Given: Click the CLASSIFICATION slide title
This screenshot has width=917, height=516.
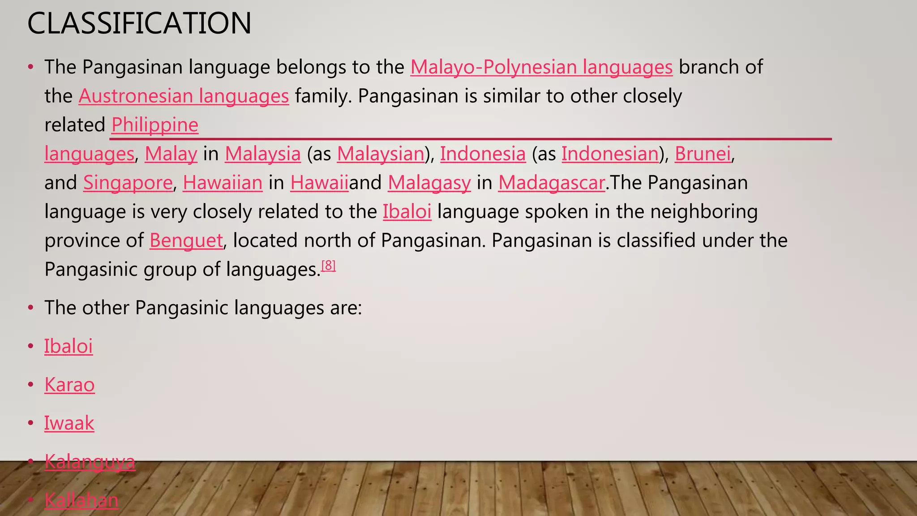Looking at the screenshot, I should click(139, 23).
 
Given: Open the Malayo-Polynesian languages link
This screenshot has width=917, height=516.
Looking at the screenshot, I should click(541, 67).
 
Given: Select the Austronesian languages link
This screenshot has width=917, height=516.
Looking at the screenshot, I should click(184, 96).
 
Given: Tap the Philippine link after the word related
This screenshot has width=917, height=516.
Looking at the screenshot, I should click(154, 125).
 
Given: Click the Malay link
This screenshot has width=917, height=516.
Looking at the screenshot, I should click(171, 154).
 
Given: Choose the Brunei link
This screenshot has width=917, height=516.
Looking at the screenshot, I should click(703, 154).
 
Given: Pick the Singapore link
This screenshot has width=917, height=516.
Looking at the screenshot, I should click(128, 183).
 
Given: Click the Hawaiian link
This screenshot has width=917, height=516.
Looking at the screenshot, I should click(223, 183).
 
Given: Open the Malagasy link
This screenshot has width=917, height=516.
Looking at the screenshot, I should click(429, 183).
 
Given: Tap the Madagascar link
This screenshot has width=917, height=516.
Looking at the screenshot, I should click(552, 183).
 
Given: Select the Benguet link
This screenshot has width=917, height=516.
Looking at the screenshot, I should click(186, 241).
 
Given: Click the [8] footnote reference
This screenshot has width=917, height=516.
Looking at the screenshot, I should click(328, 266).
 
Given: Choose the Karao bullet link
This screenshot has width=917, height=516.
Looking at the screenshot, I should click(69, 385).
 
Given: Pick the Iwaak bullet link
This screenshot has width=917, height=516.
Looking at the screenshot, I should click(69, 423).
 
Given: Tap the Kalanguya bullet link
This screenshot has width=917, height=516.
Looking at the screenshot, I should click(90, 462).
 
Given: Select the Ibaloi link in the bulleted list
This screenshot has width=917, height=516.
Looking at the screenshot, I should click(68, 346).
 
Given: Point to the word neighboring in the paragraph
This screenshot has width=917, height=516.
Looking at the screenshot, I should click(704, 211).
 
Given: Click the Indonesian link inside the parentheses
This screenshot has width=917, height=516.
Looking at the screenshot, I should click(610, 154).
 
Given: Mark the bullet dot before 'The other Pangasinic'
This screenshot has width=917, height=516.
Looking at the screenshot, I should click(30, 308).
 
